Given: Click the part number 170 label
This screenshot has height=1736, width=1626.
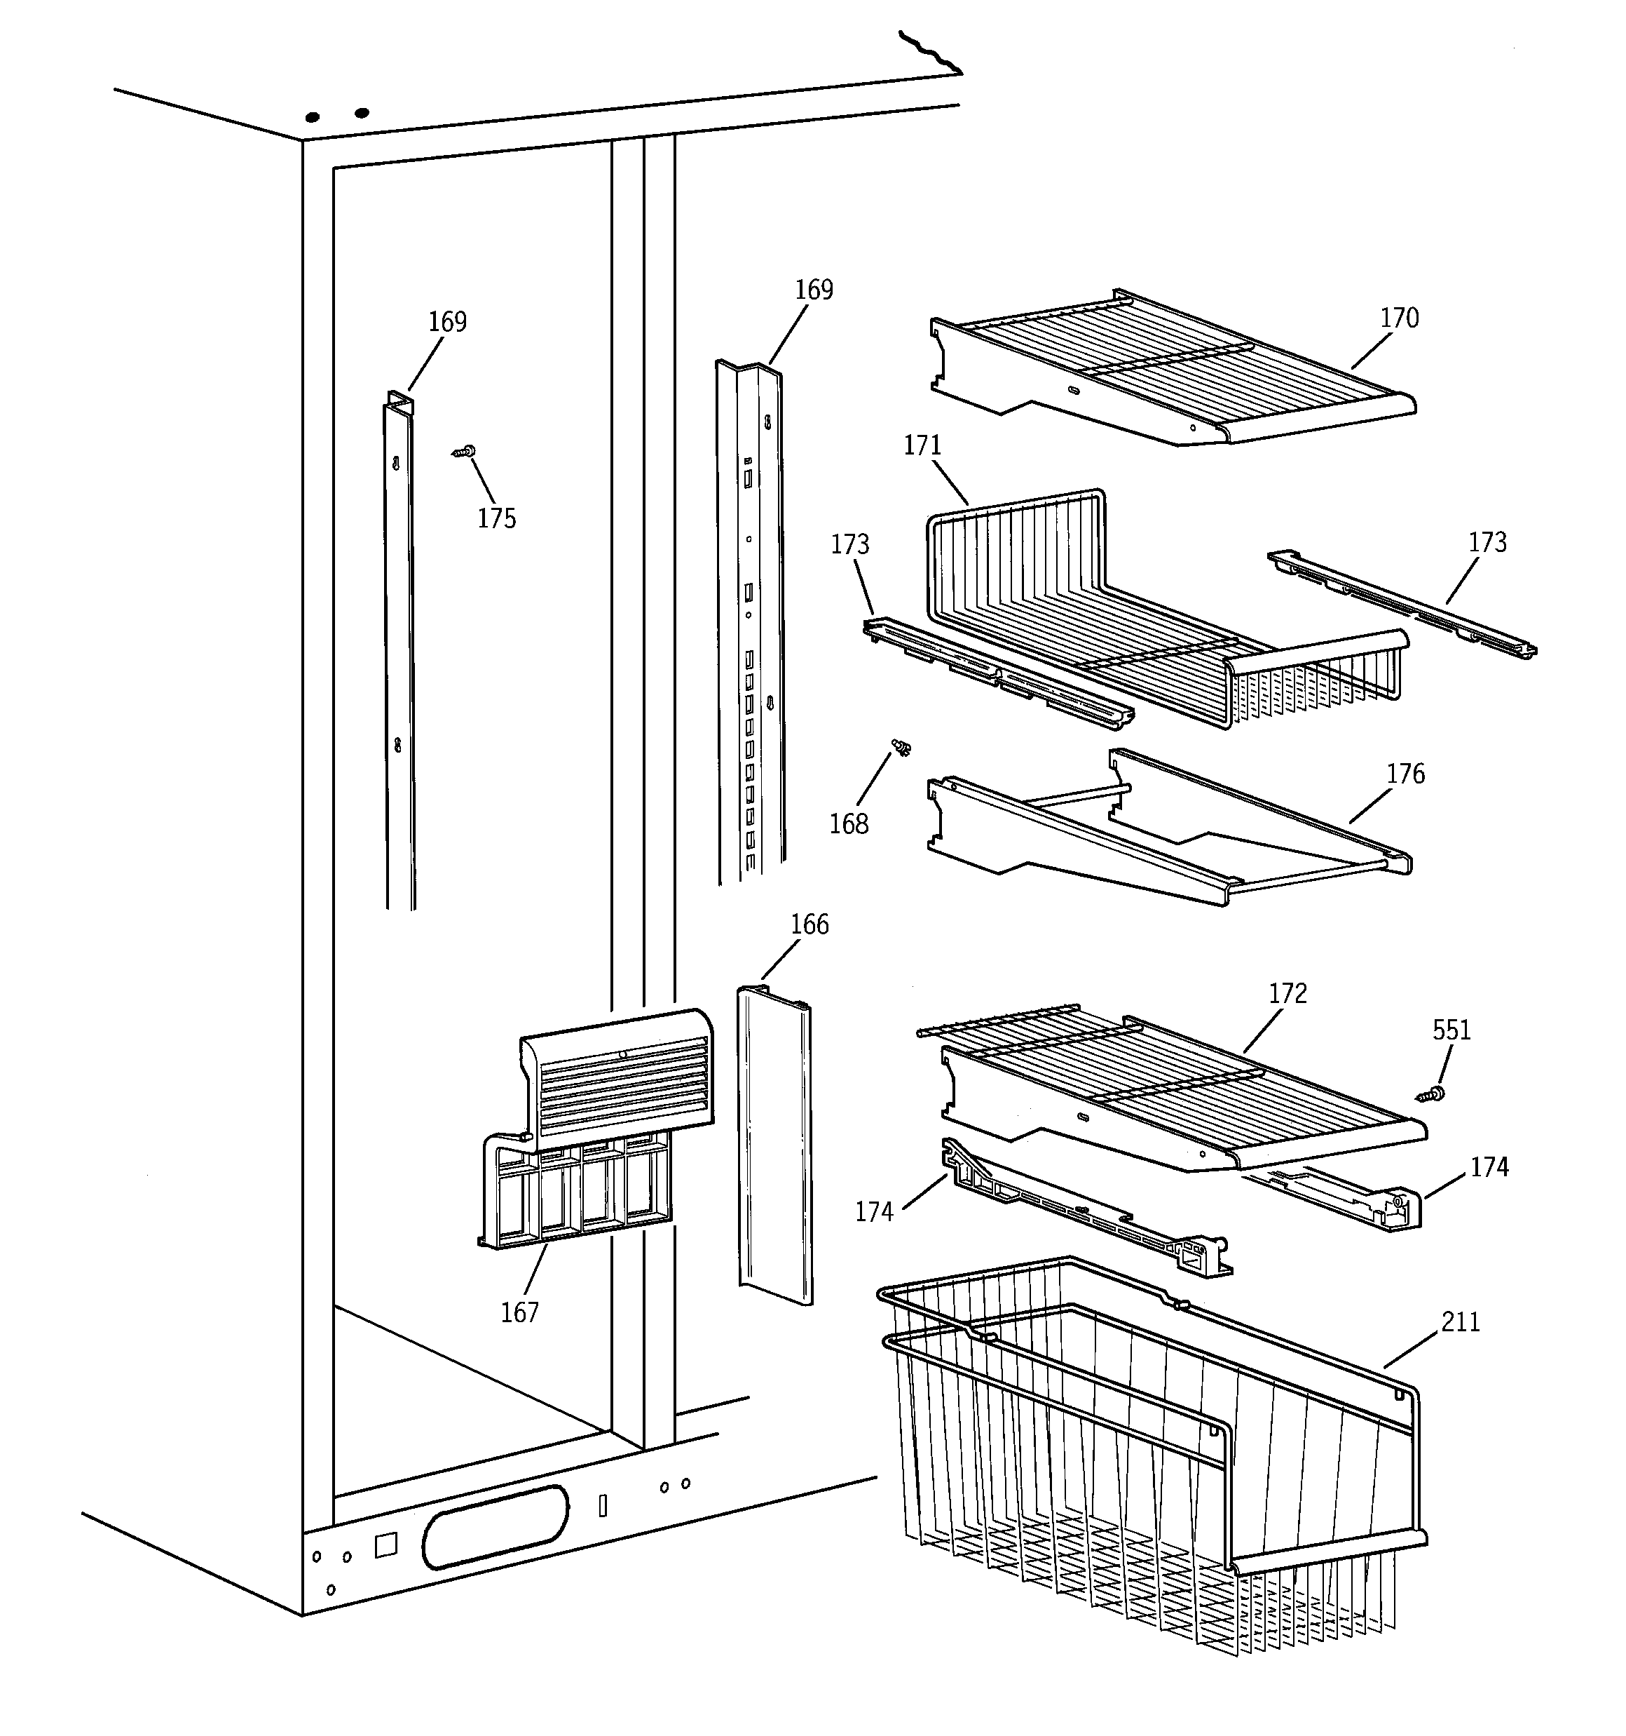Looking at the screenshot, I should pyautogui.click(x=1398, y=318).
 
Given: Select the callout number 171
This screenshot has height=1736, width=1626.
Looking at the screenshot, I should pyautogui.click(x=922, y=446).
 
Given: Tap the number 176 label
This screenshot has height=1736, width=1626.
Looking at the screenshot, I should pyautogui.click(x=1405, y=774).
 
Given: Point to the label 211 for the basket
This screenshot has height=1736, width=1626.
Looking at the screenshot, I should pyautogui.click(x=1460, y=1323).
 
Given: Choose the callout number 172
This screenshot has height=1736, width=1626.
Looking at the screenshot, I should pyautogui.click(x=1287, y=994).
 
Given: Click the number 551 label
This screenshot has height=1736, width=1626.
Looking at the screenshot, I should pyautogui.click(x=1451, y=1030).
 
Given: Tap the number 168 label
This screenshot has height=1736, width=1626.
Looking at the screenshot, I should pyautogui.click(x=848, y=824).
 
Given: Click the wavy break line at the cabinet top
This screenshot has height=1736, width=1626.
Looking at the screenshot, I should pyautogui.click(x=930, y=53).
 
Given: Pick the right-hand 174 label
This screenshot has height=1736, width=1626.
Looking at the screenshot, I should pyautogui.click(x=1489, y=1168).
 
